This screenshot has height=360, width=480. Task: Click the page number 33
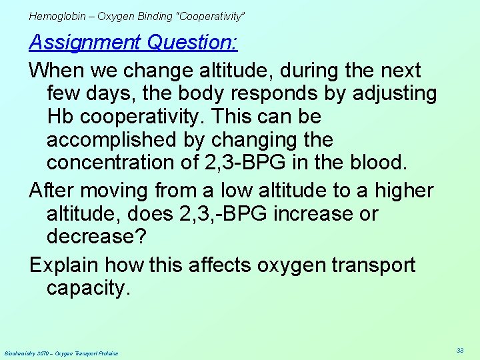pyautogui.click(x=460, y=350)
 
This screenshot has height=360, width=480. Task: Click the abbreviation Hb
pyautogui.click(x=61, y=117)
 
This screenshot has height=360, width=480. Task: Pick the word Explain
pyautogui.click(x=67, y=265)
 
